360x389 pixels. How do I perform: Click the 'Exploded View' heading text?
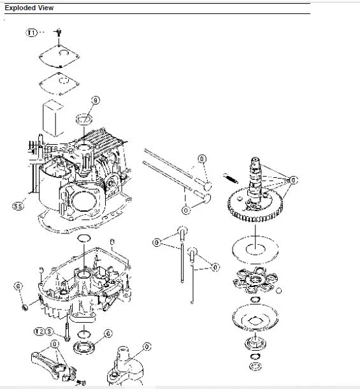point(29,8)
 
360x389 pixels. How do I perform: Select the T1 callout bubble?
point(32,32)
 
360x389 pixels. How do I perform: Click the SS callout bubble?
point(18,206)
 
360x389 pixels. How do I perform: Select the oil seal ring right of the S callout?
point(83,348)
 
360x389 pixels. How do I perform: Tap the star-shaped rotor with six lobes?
point(254,279)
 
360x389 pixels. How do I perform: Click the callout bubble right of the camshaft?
point(292,180)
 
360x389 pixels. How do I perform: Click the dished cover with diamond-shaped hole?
point(254,317)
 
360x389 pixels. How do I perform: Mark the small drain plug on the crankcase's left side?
point(25,309)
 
